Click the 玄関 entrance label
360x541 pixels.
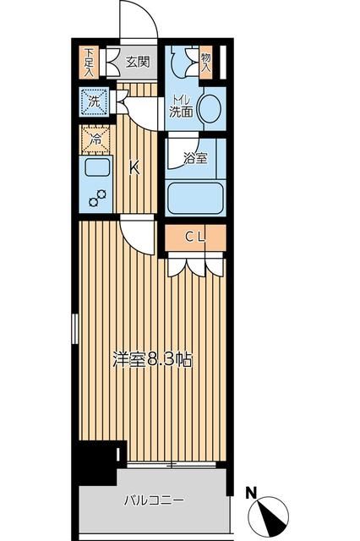[138, 61]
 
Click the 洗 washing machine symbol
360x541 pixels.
[94, 102]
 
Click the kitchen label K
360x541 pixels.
[134, 167]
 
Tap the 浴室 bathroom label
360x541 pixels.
[196, 158]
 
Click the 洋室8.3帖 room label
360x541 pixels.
[153, 358]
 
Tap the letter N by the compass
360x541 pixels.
[251, 491]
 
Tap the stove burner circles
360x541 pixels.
[99, 199]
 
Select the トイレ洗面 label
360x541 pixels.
[181, 105]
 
